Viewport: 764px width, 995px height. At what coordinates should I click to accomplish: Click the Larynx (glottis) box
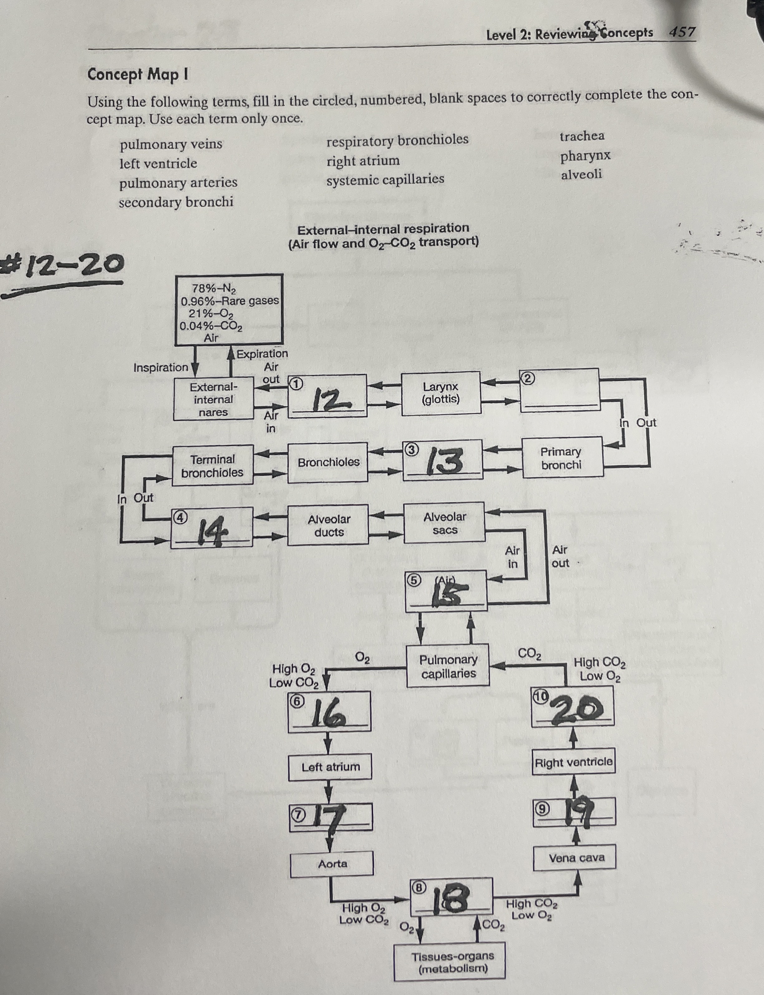pos(441,393)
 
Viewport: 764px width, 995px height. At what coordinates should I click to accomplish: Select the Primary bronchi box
pos(561,458)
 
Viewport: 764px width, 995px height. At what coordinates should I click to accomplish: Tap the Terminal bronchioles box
pos(212,465)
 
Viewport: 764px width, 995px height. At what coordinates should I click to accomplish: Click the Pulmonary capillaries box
pos(448,666)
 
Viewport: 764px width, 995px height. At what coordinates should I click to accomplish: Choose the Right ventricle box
pos(574,762)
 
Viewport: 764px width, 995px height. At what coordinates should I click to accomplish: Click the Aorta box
pos(332,864)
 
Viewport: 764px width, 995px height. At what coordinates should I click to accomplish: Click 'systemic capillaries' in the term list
pos(385,179)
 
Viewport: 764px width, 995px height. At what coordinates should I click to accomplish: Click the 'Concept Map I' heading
pos(138,74)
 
